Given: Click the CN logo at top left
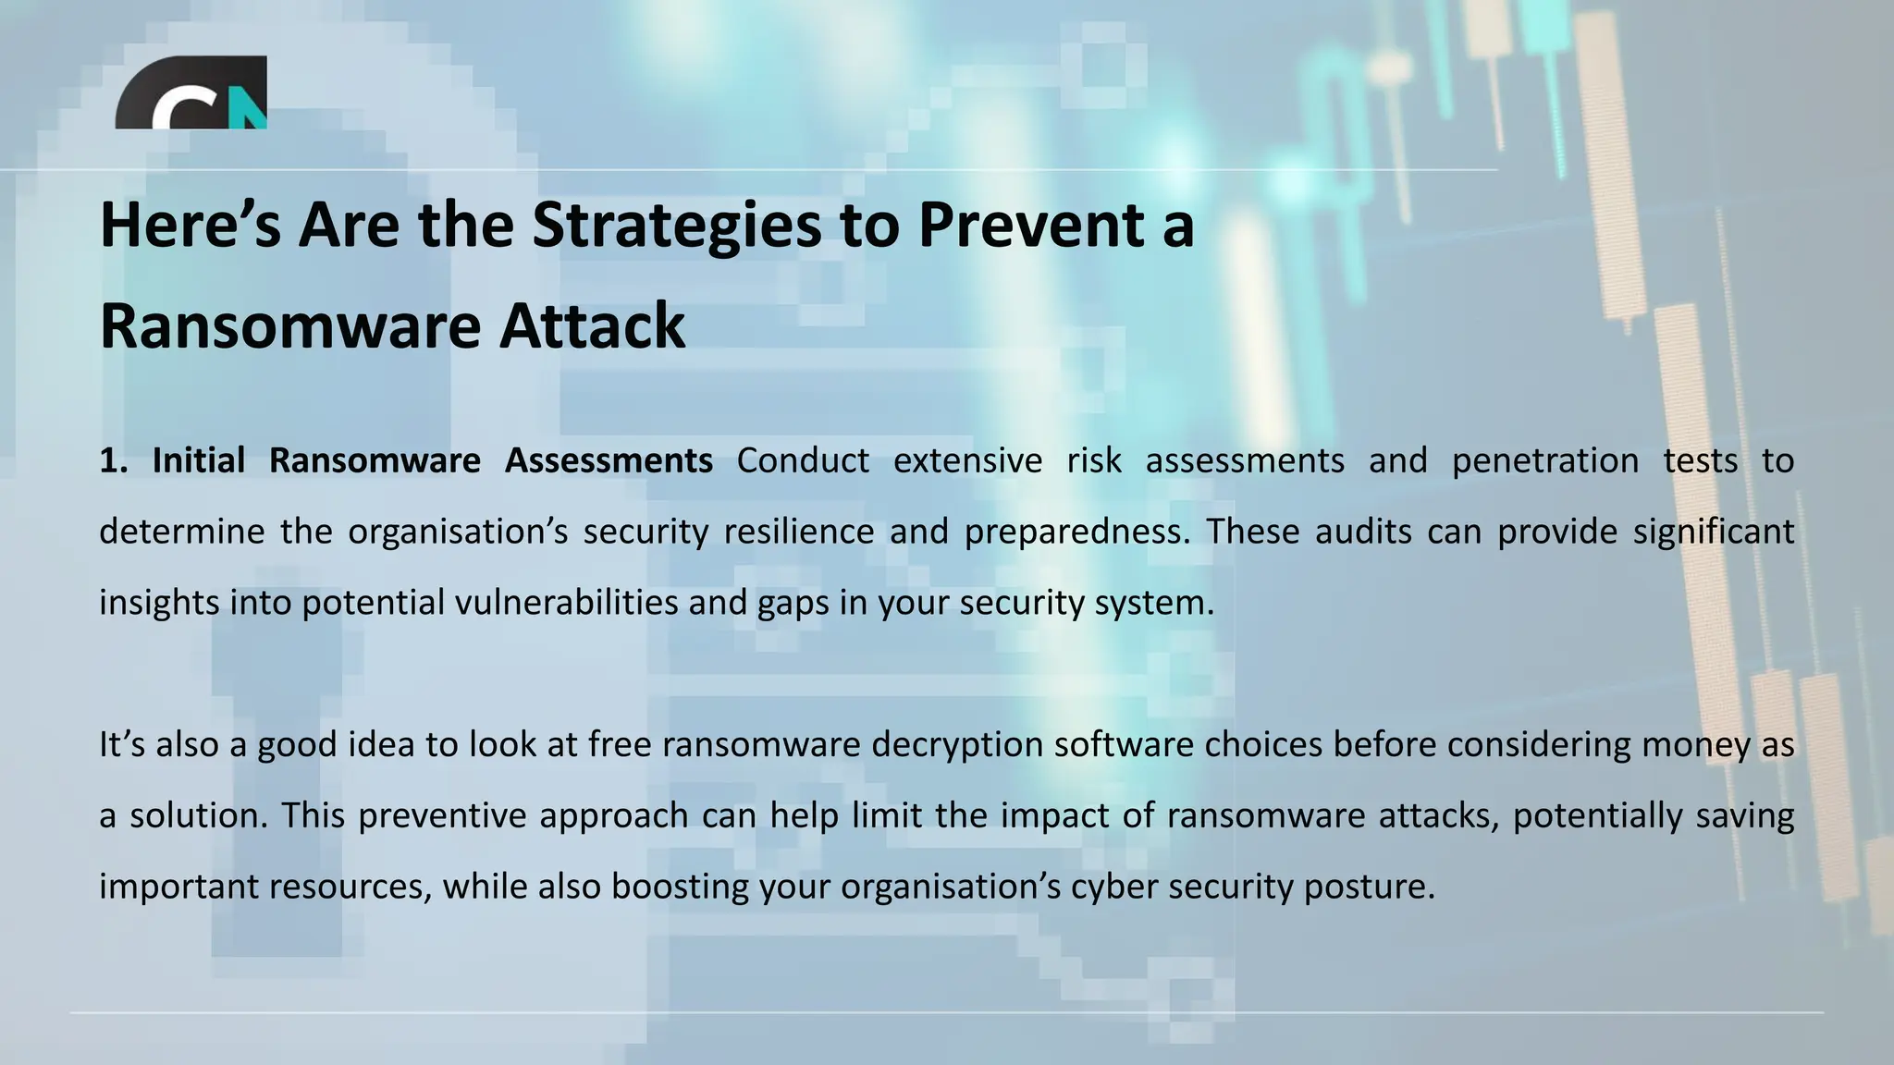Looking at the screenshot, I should click(x=191, y=92).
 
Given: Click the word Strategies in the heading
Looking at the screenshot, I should click(x=676, y=226).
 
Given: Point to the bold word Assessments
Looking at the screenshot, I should click(x=609, y=460).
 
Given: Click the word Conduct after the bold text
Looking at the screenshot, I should click(x=803, y=460).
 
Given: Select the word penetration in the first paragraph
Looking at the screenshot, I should click(x=1545, y=460).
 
